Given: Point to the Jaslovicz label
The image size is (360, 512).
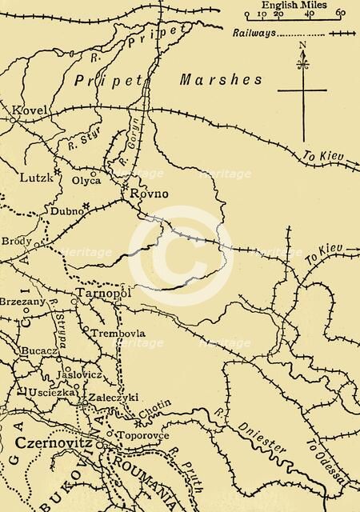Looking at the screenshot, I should point(80,374).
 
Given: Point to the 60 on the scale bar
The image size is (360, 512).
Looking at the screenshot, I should point(341,13).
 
